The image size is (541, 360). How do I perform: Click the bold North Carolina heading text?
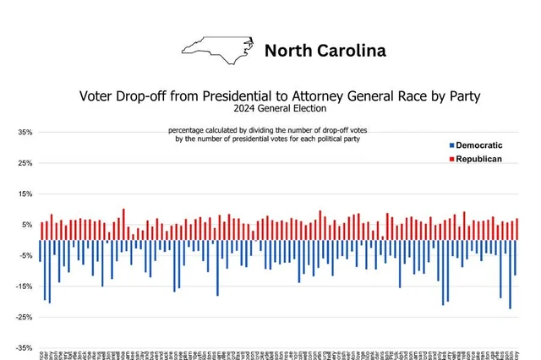(325, 51)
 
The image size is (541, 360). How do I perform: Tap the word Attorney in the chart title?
(322, 96)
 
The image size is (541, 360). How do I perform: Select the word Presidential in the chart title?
(218, 96)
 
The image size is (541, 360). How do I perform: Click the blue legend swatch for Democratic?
(451, 146)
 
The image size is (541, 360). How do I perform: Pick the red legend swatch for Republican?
(451, 159)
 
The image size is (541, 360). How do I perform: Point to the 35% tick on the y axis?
(25, 133)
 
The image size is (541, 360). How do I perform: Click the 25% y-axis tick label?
(25, 163)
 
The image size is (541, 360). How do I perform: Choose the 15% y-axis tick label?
(25, 194)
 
